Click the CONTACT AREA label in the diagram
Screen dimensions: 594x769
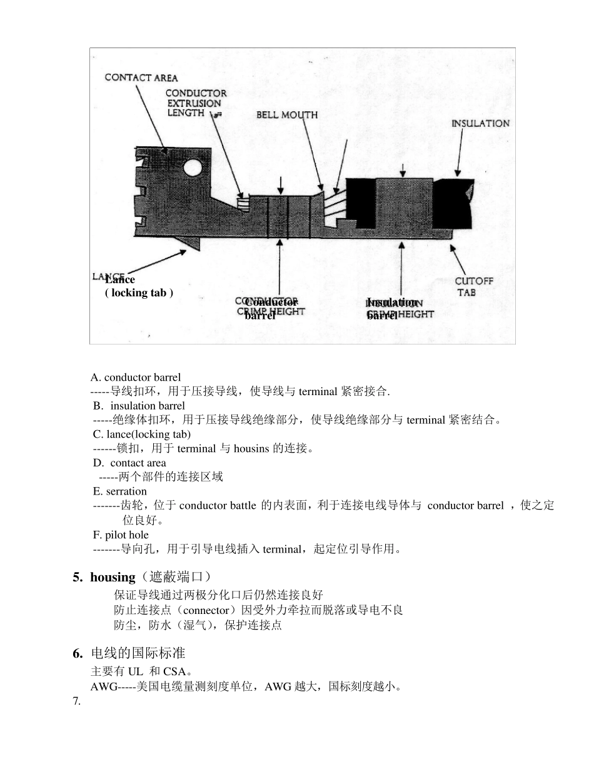[141, 78]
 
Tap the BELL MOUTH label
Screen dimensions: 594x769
[287, 114]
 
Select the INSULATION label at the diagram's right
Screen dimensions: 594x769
[480, 124]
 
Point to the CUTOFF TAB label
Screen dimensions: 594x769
[473, 286]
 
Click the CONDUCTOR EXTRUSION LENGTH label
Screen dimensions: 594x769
[196, 103]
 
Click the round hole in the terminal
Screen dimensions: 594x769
[192, 167]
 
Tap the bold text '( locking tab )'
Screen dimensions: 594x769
[139, 293]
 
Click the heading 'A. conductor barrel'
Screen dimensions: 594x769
[136, 377]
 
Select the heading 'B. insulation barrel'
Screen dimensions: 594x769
[139, 406]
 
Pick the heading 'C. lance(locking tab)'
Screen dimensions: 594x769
[141, 434]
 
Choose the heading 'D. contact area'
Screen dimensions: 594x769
[129, 463]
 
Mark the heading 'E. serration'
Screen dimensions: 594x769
[119, 491]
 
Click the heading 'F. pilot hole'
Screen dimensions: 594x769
[121, 535]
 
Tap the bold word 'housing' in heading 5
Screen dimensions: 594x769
[113, 577]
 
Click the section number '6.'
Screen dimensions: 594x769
[78, 653]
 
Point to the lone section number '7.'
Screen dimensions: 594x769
[76, 701]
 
